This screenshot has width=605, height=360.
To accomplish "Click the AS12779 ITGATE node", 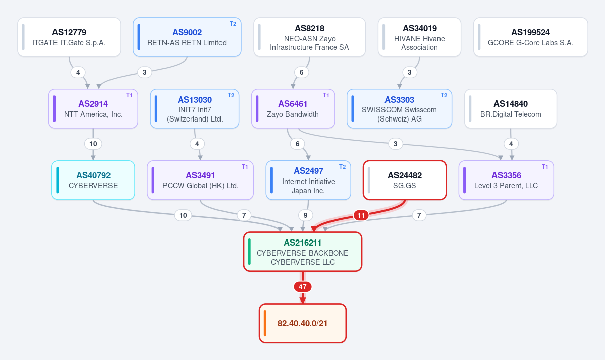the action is (69, 37).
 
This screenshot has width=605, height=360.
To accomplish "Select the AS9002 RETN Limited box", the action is (187, 37).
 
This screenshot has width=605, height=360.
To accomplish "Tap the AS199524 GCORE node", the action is (530, 37).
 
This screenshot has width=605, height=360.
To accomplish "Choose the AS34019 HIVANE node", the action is (419, 37).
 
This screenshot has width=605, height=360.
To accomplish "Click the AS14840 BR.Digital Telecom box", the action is (511, 109).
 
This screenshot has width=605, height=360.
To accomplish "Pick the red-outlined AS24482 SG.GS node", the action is (405, 180).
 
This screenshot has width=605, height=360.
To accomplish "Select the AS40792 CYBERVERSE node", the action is (93, 180).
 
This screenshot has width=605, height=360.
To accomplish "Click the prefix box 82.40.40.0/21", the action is (303, 323).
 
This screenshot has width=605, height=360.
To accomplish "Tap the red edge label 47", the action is (303, 287).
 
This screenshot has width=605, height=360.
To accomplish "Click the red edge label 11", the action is (361, 215).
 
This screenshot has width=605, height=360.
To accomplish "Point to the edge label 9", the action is (306, 215).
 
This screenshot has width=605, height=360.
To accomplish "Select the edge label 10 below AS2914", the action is (93, 144).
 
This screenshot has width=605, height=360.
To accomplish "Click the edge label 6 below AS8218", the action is (301, 72).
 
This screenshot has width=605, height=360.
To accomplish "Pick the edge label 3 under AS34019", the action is (409, 72).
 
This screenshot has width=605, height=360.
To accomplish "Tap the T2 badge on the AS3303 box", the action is (444, 95).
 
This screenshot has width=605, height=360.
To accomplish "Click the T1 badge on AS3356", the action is (545, 167).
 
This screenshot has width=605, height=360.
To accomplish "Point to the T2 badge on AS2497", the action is (342, 167).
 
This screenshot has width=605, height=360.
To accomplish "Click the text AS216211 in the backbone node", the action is (303, 243).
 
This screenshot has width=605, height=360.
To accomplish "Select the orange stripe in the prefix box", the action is (265, 323).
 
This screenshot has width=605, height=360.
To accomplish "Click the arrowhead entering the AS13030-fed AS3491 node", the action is (200, 158).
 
